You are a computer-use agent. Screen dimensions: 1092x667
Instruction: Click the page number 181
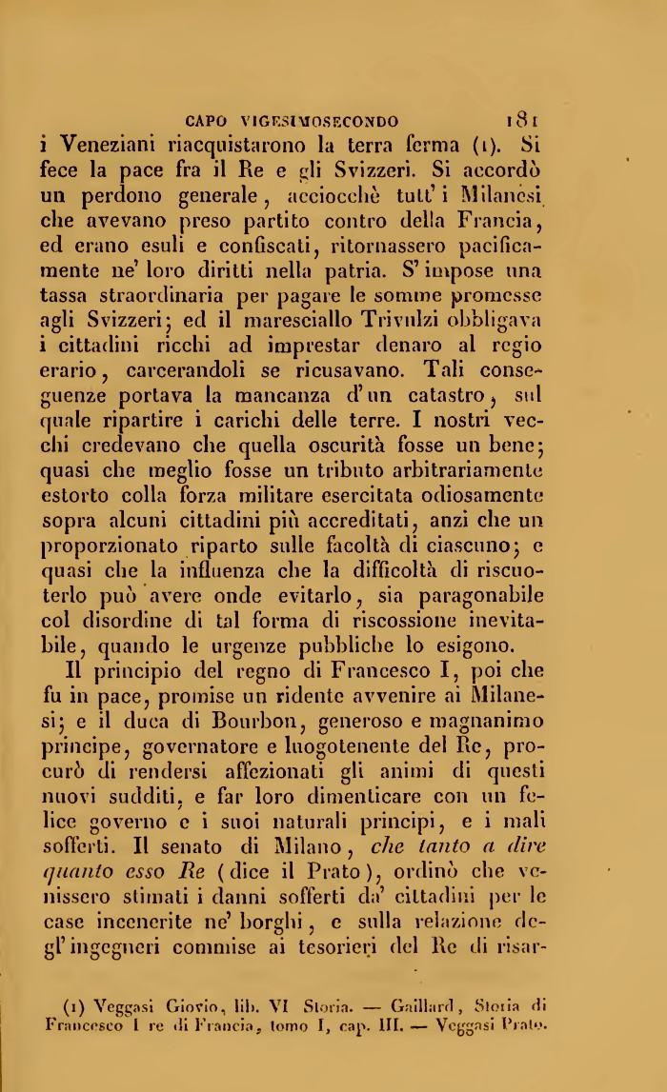(523, 121)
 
